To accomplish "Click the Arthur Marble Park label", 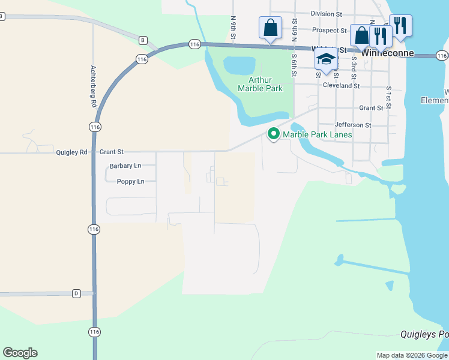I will pos(260,84).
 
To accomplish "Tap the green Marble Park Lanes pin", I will pos(274,134).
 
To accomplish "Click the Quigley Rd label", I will pos(71,152).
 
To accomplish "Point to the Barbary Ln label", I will pos(125,166).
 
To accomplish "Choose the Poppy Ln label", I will pos(130,181).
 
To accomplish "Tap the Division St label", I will pos(326,13).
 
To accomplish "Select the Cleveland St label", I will pos(341,86).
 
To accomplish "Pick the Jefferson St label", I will pos(353,125).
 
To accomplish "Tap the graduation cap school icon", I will pos(326,59).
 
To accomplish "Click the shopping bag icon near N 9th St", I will pos(270,28).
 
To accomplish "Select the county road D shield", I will pos(76,293).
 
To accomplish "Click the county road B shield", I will pos(143,40).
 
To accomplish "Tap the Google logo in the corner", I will pos(20,353).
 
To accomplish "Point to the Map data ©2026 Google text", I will pos(412,355).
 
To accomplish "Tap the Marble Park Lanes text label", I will pos(318,134).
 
